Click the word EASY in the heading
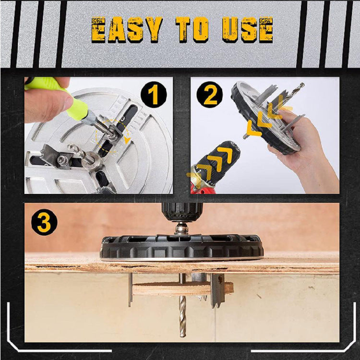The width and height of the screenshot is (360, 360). point(126,30)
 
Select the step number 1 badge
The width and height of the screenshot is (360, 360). point(154,95)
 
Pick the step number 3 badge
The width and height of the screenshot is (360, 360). point(44,222)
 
